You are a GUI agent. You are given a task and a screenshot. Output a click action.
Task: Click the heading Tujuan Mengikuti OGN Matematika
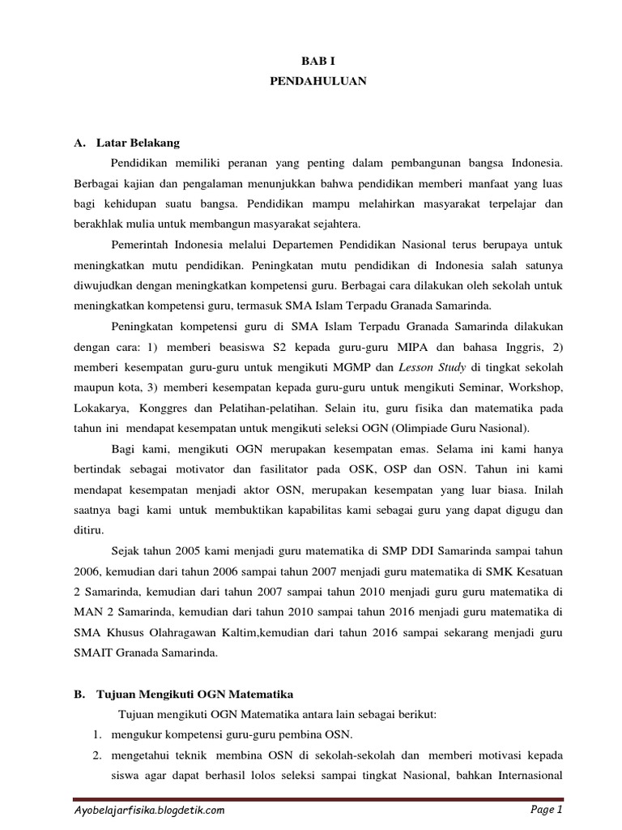point(194,695)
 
